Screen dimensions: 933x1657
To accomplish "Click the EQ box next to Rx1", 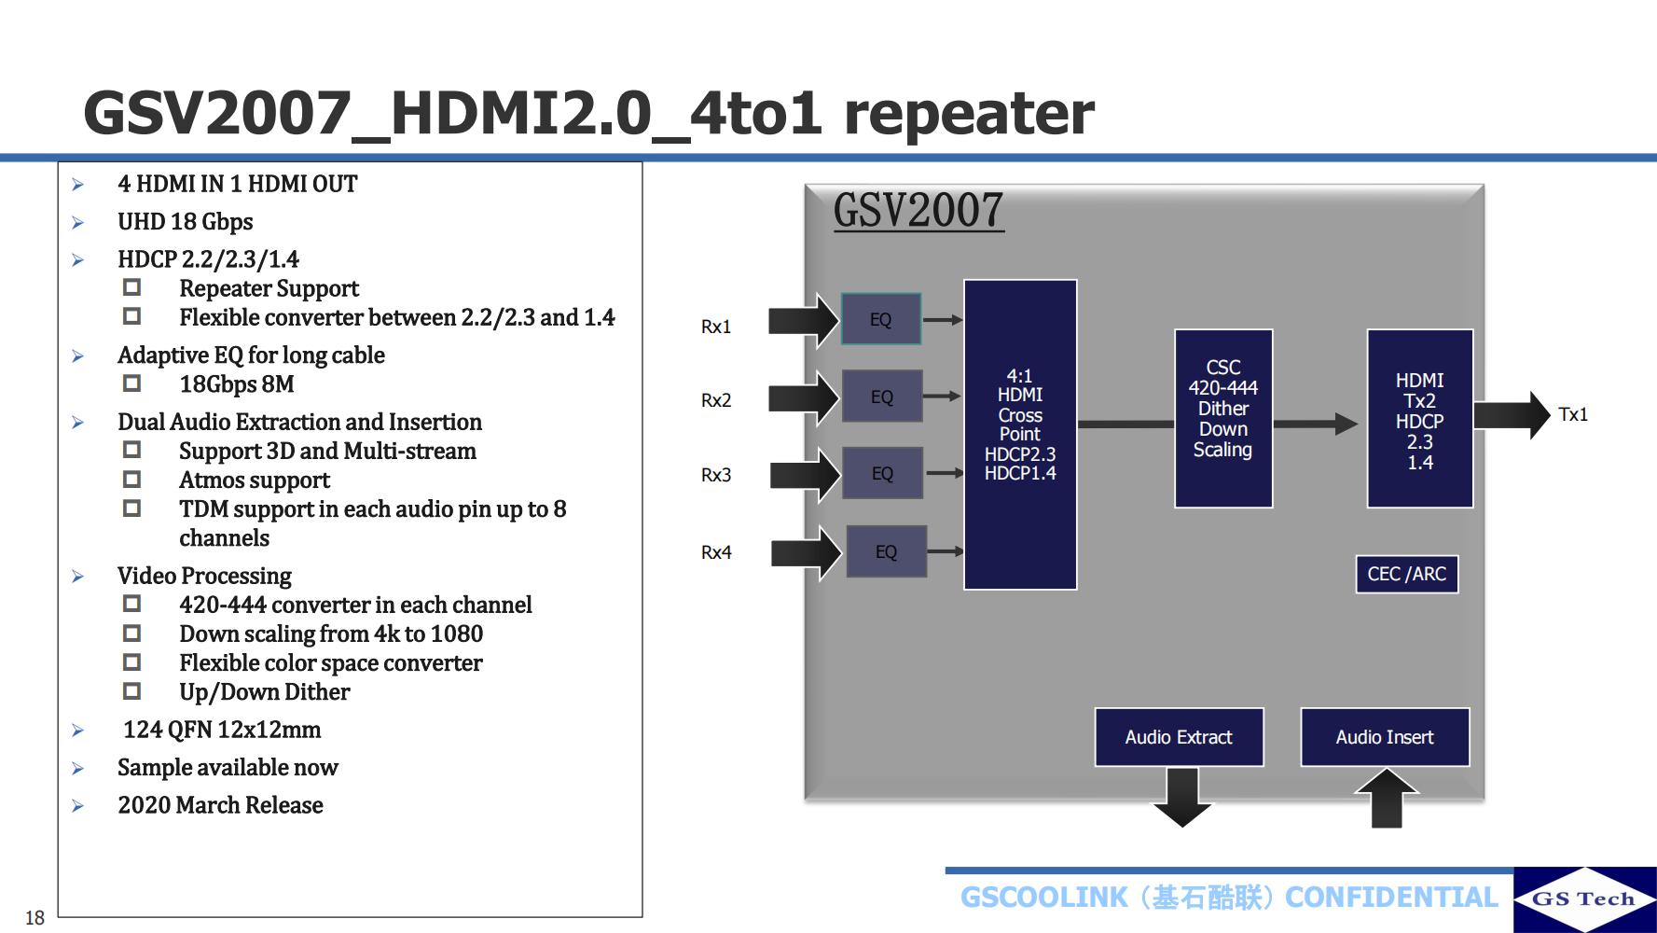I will tap(881, 319).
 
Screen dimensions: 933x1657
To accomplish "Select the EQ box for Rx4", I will tap(886, 551).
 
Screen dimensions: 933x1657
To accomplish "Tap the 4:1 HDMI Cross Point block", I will tap(1020, 434).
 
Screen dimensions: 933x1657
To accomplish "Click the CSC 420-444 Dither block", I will tap(1223, 418).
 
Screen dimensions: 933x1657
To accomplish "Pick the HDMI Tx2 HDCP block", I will tap(1419, 419).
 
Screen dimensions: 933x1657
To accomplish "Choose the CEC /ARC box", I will tap(1406, 574).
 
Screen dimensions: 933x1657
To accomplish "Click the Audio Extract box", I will tap(1179, 737).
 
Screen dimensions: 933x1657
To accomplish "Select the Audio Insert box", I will tap(1385, 737).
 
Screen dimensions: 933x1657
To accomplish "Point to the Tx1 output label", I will tap(1572, 414).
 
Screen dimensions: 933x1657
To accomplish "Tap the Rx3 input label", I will tap(716, 475).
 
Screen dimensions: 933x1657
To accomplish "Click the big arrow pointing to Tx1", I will tap(1511, 415).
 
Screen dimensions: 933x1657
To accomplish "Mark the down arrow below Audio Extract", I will tap(1182, 798).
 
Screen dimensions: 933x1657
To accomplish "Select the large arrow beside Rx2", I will tap(804, 397).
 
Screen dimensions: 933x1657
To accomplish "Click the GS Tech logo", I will tap(1584, 899).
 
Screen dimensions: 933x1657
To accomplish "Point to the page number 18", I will tap(35, 917).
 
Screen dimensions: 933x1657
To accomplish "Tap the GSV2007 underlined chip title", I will tap(918, 210).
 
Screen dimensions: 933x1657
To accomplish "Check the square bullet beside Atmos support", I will tap(132, 480).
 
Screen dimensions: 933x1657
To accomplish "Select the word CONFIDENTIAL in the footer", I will tap(1391, 898).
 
